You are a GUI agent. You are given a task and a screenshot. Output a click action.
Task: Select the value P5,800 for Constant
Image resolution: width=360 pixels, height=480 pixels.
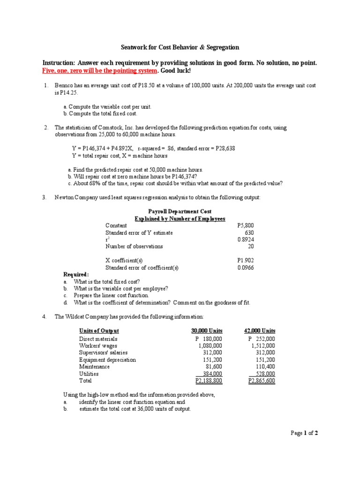[246, 225]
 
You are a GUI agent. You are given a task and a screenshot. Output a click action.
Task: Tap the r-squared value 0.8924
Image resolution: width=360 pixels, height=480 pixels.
[246, 239]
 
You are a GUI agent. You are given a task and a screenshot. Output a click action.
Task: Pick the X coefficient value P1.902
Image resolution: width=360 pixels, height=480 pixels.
[246, 260]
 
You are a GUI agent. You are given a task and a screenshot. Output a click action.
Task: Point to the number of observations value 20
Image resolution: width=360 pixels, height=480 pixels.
[251, 246]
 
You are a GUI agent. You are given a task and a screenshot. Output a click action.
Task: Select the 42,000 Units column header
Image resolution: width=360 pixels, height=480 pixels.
[260, 331]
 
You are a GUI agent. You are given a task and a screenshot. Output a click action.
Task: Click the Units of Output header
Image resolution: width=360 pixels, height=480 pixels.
[99, 331]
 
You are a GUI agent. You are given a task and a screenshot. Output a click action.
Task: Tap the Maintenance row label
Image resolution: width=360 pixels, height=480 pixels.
[94, 367]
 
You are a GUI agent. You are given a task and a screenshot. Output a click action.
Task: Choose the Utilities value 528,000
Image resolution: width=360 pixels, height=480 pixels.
[263, 374]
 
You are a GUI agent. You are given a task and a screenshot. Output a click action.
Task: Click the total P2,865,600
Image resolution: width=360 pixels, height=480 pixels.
[262, 381]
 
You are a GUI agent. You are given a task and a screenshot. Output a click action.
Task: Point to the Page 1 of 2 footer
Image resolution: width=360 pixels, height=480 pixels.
[304, 433]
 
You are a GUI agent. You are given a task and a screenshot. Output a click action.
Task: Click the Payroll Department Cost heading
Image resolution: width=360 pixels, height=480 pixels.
[180, 211]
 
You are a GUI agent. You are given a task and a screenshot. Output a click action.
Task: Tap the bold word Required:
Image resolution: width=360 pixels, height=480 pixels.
[76, 274]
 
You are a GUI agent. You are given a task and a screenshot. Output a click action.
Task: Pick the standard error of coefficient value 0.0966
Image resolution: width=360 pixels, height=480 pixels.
[246, 267]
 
